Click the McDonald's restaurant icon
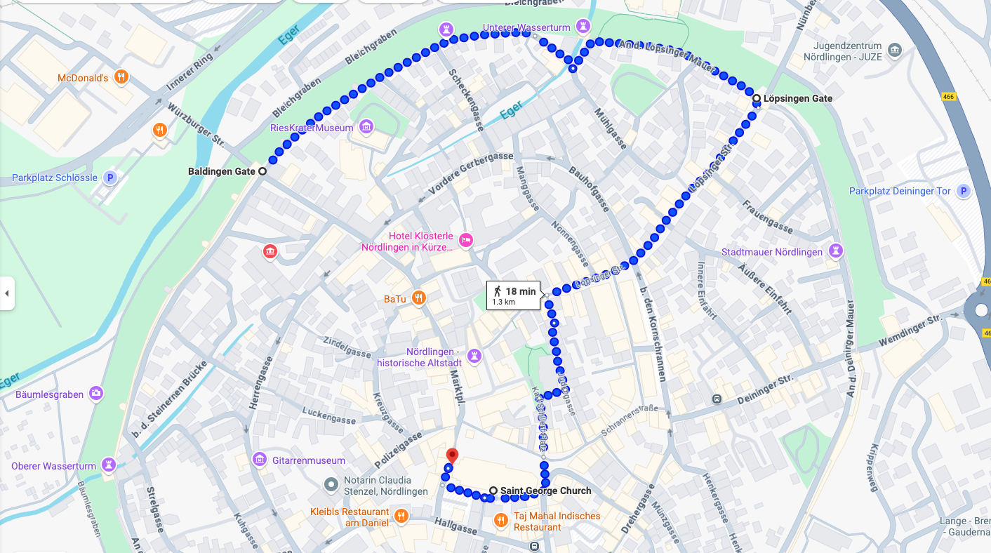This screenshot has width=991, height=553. point(121,77)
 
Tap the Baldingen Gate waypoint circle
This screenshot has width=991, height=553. point(262,171)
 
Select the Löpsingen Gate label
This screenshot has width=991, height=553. point(797,98)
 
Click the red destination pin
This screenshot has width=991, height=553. point(452,456)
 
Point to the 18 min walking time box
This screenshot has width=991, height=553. point(513,295)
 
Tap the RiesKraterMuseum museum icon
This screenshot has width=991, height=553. point(366,127)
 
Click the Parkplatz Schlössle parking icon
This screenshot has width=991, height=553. point(109,178)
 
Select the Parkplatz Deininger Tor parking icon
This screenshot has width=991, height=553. point(964,191)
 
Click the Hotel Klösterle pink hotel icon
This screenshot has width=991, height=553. point(466,241)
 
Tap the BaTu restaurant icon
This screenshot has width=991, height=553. point(418,298)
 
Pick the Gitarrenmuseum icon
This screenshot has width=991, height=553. point(260,460)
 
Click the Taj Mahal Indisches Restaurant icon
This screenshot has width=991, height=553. point(500,520)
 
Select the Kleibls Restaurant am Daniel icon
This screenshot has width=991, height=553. point(401,517)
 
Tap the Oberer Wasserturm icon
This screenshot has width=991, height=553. point(108,465)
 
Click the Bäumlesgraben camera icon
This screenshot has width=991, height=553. point(96,394)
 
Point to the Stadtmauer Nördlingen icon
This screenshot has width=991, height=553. point(835,251)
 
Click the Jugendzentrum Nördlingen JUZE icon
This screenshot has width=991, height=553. point(894,50)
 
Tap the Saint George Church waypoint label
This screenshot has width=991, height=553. point(545,491)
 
